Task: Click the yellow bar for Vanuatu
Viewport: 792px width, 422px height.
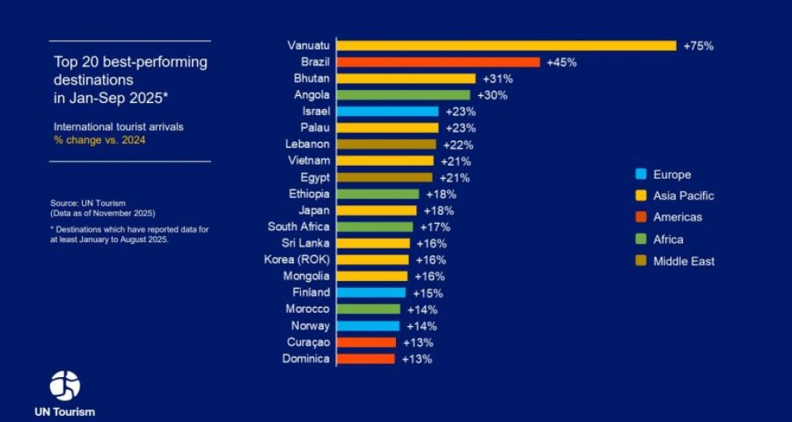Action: [506, 46]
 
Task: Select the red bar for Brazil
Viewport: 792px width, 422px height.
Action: [438, 62]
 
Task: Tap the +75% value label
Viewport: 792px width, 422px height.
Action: [698, 46]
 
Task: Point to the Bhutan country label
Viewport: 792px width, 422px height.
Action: [312, 78]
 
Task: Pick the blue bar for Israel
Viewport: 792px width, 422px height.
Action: [387, 112]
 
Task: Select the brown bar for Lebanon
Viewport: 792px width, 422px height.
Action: [386, 144]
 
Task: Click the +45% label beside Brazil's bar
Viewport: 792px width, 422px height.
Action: [562, 62]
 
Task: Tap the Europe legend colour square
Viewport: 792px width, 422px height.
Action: [640, 174]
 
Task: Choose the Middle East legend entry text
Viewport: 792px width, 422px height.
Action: [684, 261]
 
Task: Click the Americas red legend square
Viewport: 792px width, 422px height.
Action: [640, 218]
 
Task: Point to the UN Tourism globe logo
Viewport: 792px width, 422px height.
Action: [65, 385]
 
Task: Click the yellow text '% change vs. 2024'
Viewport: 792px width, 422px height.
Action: [100, 140]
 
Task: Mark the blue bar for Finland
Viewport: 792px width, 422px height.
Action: [371, 293]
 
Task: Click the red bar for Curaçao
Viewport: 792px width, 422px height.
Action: [367, 342]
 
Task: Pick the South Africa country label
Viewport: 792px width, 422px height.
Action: [299, 227]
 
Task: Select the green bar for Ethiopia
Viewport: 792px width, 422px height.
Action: [377, 194]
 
